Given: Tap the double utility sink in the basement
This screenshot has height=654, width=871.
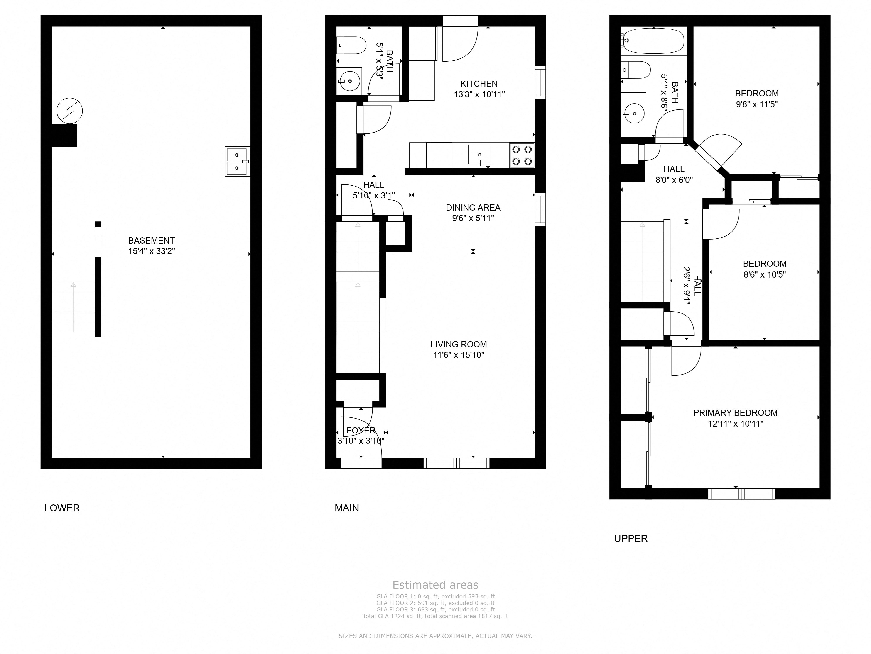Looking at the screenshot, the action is tap(237, 162).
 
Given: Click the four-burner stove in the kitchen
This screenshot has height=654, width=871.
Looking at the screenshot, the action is tap(522, 155).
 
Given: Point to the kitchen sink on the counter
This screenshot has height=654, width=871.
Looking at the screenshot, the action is tap(479, 155).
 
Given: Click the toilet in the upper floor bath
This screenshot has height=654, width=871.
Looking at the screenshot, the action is tap(636, 70).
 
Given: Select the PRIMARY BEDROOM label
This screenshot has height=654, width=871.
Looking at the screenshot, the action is tap(735, 413).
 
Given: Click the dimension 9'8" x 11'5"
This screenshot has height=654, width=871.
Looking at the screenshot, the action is tap(757, 104).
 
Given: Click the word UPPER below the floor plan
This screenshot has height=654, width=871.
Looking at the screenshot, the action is tap(631, 538).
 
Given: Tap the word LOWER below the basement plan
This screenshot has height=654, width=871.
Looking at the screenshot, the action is tap(62, 508).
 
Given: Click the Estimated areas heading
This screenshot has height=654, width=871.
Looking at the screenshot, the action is tap(435, 585).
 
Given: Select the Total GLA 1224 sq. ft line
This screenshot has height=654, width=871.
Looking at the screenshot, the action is tap(435, 616).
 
